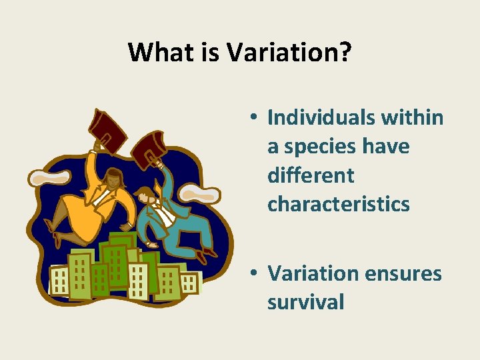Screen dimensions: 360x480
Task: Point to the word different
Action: [310, 175]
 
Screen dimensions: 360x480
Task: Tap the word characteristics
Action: [339, 205]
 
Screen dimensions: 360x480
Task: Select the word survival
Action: [306, 303]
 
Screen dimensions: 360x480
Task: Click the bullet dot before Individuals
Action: [255, 118]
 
